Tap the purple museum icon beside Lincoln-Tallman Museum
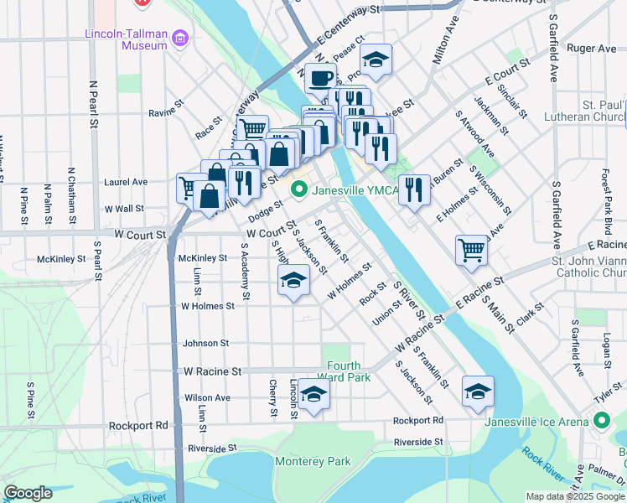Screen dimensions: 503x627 click(x=179, y=38)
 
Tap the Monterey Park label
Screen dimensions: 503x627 click(x=313, y=461)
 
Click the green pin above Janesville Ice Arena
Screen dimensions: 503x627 click(x=601, y=421)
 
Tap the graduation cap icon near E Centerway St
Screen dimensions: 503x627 click(x=376, y=60)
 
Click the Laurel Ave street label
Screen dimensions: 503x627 click(x=126, y=181)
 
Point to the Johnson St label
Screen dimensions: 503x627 click(x=205, y=343)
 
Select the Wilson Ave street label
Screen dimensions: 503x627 click(x=206, y=397)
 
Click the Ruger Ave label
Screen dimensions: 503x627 click(x=591, y=49)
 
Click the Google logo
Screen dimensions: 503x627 click(x=28, y=493)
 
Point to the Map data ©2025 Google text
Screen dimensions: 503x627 click(x=574, y=496)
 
